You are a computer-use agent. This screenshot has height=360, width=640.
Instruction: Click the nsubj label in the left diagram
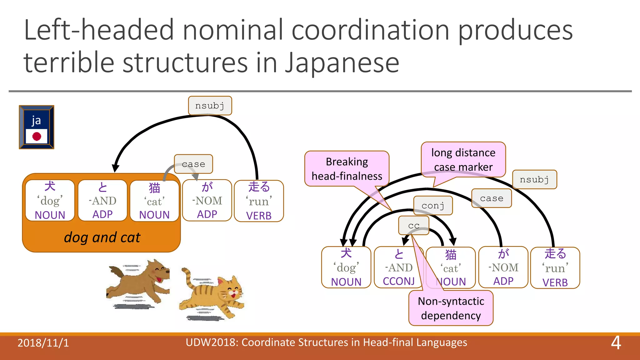210,106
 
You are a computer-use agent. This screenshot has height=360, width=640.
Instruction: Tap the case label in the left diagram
193,164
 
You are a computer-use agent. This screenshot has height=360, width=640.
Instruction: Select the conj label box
433,206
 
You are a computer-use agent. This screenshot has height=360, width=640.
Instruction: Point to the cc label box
414,225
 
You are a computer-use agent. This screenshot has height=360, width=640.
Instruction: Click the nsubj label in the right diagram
534,179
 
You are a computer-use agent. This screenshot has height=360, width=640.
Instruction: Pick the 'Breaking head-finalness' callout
347,169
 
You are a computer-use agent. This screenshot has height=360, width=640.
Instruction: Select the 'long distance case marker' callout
463,160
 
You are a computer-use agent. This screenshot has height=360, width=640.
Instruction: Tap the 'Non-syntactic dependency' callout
451,308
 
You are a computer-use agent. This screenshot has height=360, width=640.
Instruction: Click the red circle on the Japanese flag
37,136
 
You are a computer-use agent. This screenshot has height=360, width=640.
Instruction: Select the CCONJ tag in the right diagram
399,281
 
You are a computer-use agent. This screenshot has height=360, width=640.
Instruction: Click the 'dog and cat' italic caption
102,237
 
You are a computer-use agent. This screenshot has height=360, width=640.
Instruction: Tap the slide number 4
616,343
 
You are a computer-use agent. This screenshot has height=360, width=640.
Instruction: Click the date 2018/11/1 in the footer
43,343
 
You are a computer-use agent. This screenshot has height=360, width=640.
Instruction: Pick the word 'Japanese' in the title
342,62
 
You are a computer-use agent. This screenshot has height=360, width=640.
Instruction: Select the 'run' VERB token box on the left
259,201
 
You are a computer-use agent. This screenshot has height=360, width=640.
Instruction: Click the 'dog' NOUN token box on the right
346,267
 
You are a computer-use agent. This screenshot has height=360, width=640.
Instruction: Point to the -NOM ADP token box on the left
207,201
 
